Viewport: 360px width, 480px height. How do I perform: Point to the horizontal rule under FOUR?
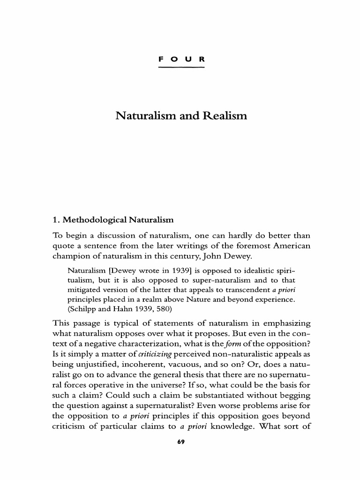click(181, 67)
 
